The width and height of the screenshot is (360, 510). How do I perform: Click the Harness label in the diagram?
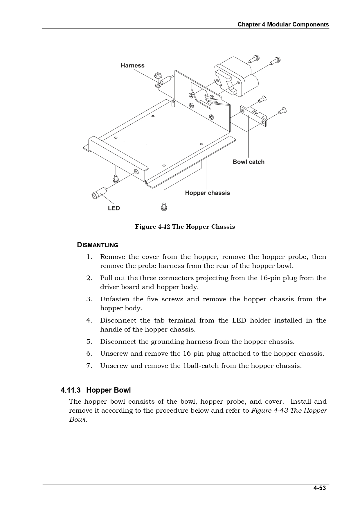coord(132,65)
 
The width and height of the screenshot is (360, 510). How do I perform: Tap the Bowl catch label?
coord(249,162)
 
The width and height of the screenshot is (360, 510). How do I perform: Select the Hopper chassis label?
coord(207,193)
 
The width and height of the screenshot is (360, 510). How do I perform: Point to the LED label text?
coord(114,208)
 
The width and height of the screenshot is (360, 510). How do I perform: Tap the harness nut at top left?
coord(159,75)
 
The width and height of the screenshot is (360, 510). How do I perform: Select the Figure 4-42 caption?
coord(185,227)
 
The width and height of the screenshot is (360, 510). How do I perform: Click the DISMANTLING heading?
coord(98,245)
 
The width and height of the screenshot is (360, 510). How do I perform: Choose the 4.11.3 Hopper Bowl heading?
coord(96,390)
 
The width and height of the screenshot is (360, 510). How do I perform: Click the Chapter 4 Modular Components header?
coord(283,24)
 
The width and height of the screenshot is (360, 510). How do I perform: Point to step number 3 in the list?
coord(89,299)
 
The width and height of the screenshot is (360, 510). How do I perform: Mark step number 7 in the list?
coord(89,366)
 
